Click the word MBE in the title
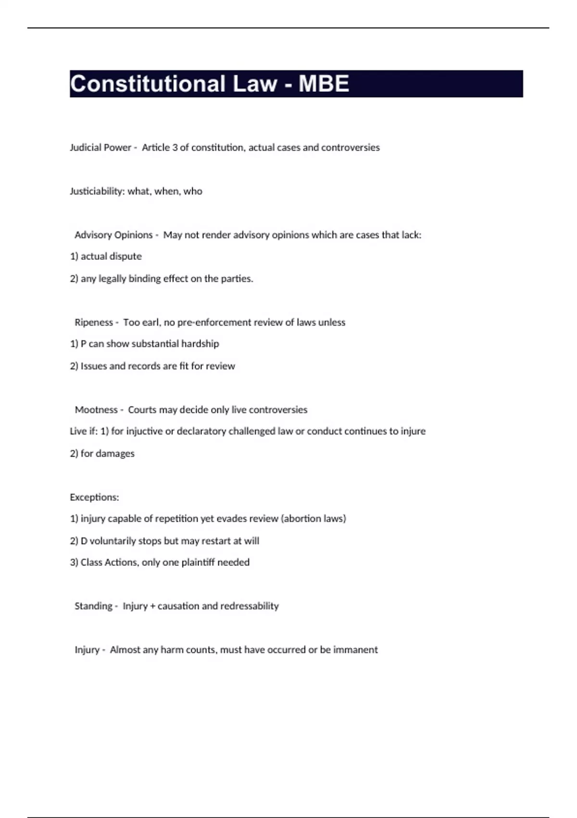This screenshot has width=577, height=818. point(324,84)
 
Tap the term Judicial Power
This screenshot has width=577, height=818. point(100,148)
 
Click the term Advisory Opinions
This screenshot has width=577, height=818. point(113,235)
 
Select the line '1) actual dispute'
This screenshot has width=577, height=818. point(106,256)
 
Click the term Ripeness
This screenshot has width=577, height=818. point(94,322)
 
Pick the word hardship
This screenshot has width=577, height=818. point(200,344)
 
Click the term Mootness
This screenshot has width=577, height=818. point(96,410)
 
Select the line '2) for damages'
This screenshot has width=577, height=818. point(102,454)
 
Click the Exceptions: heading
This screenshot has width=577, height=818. point(94,498)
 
